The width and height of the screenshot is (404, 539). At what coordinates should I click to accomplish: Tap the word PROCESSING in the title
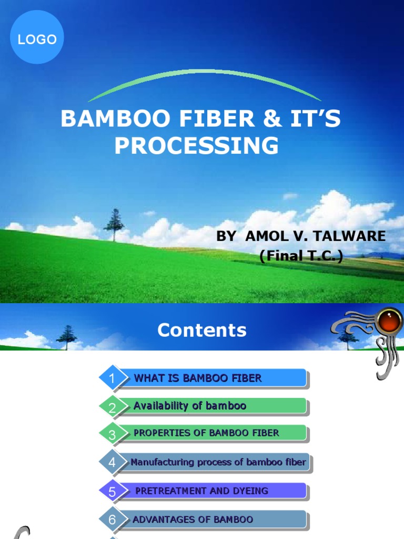pyautogui.click(x=197, y=146)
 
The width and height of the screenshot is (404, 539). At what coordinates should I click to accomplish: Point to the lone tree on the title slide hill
pyautogui.click(x=114, y=224)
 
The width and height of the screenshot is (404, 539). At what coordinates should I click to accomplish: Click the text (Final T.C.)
pyautogui.click(x=301, y=256)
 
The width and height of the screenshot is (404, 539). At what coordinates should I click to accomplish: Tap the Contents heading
pyautogui.click(x=202, y=331)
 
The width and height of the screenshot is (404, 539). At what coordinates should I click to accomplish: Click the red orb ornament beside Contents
pyautogui.click(x=390, y=322)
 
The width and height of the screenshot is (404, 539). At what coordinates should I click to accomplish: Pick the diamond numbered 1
pyautogui.click(x=112, y=378)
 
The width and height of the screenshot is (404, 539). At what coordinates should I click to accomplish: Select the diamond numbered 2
pyautogui.click(x=112, y=407)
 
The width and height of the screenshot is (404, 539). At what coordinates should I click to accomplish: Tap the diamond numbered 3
pyautogui.click(x=112, y=434)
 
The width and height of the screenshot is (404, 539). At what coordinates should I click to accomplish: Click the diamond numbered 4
pyautogui.click(x=112, y=463)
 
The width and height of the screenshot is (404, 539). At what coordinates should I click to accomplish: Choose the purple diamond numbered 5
pyautogui.click(x=112, y=492)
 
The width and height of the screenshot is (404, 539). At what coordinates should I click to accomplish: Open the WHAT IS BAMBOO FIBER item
pyautogui.click(x=198, y=378)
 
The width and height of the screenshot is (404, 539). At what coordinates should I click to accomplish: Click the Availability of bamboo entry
pyautogui.click(x=190, y=406)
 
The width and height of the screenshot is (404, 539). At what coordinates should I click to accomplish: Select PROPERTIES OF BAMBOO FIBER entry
pyautogui.click(x=206, y=433)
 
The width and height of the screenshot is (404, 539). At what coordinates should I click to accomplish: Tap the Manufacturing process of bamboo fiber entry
pyautogui.click(x=218, y=462)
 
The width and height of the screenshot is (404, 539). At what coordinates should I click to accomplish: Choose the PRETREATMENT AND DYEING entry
pyautogui.click(x=202, y=491)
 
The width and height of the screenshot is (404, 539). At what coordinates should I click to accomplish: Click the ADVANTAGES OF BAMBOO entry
pyautogui.click(x=193, y=520)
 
